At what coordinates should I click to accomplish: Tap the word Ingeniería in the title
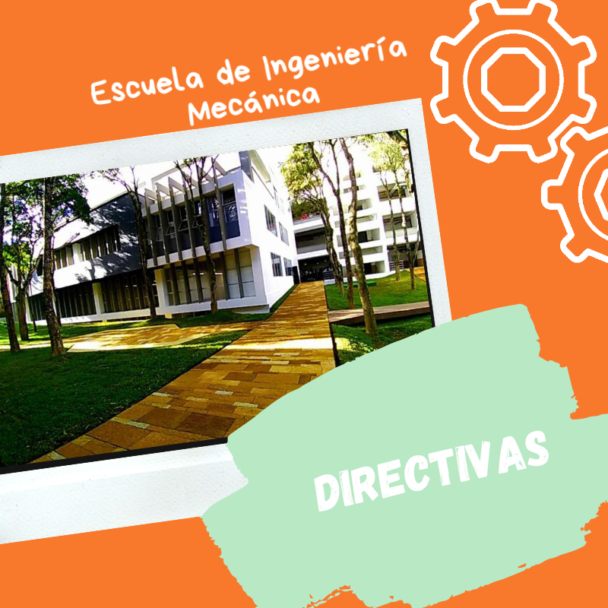[x=334, y=59]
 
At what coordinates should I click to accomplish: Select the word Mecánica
[x=254, y=103]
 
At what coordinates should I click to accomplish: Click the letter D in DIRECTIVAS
[x=328, y=492]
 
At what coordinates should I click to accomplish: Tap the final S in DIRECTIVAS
[x=536, y=450]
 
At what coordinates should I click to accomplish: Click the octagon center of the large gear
[x=513, y=80]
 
